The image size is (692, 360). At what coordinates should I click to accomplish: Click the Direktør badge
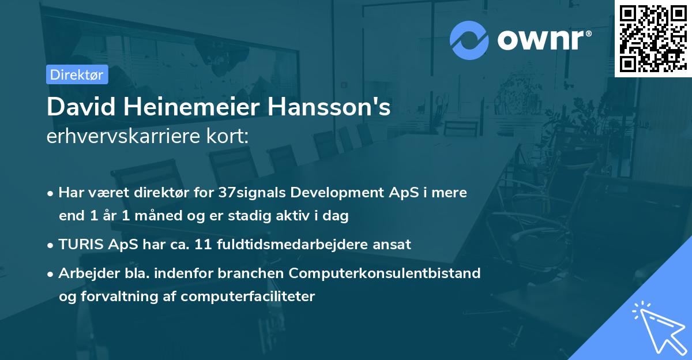point(77,74)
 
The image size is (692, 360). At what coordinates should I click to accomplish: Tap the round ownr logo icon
point(469,40)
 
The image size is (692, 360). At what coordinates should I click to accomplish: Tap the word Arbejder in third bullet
point(85,273)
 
